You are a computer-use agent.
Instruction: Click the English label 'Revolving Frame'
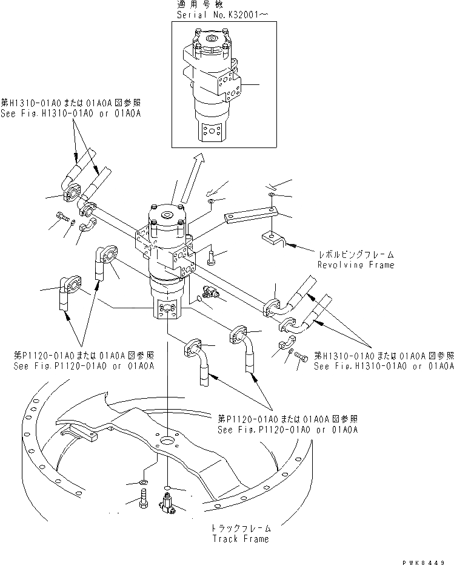[x=356, y=265]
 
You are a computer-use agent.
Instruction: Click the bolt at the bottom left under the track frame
[x=144, y=501]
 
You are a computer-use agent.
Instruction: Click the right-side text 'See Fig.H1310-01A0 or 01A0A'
[x=384, y=367]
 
